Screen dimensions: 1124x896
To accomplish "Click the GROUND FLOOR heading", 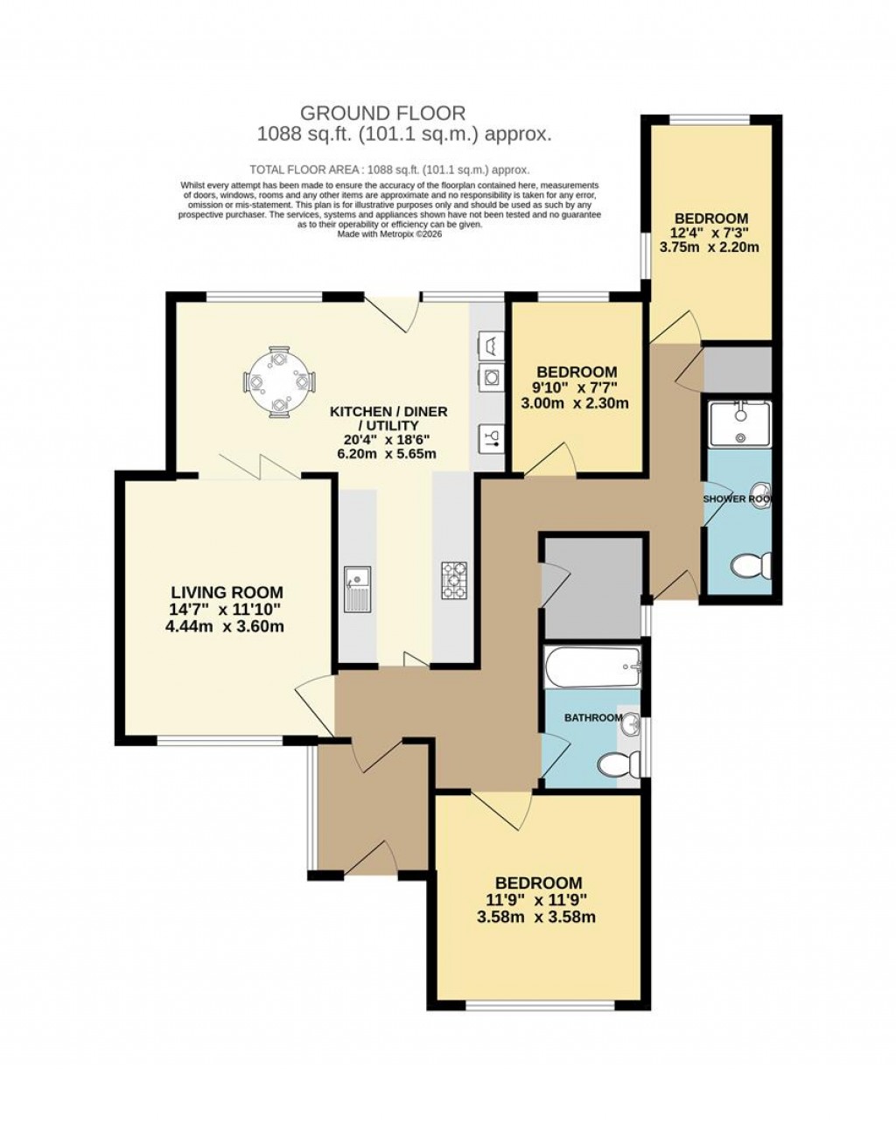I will click(x=382, y=113).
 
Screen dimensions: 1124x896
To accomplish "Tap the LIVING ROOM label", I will click(x=227, y=592).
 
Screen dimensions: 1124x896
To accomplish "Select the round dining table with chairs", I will click(x=279, y=382).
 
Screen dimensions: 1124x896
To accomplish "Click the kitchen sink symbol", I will click(x=357, y=589).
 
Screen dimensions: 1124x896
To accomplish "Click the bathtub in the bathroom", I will click(x=592, y=669).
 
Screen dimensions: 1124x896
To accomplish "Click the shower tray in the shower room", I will click(x=739, y=424).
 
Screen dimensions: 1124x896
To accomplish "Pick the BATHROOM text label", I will click(x=592, y=718).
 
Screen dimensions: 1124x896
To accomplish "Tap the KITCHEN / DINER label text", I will click(x=388, y=411).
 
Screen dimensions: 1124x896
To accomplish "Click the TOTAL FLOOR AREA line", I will click(x=389, y=170).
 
